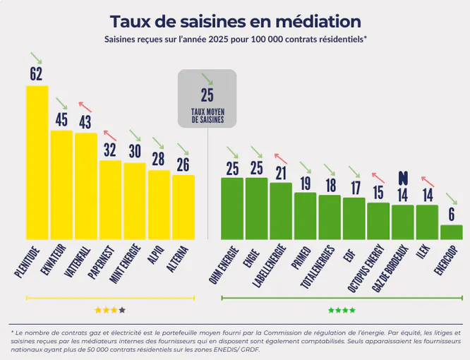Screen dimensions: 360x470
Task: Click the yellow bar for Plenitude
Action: point(37,162)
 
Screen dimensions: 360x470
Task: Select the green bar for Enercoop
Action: point(451,232)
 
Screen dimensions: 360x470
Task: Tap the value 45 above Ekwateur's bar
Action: point(61,120)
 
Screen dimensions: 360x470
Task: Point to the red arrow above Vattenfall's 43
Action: point(85,104)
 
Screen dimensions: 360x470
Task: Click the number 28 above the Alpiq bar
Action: point(158,160)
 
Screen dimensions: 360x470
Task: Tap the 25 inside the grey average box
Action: point(207,96)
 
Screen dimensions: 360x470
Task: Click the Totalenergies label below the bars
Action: point(318,265)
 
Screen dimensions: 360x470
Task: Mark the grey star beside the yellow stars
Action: point(122,309)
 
